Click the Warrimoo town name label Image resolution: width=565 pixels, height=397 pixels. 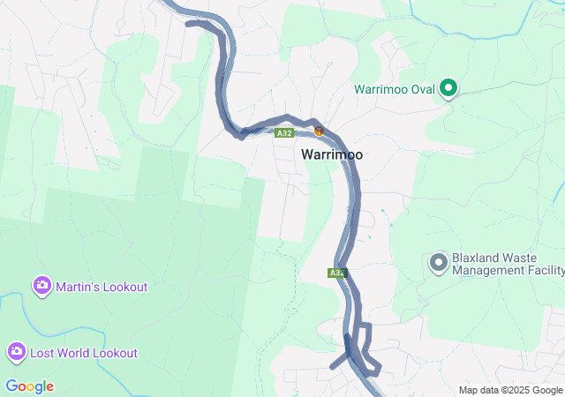[x=332, y=154]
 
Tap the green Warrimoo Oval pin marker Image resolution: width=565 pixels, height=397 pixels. [x=448, y=87]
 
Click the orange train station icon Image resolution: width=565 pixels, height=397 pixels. [x=320, y=131]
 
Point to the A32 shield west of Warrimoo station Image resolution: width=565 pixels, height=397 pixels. [x=283, y=133]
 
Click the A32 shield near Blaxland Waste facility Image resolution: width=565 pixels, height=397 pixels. [x=336, y=273]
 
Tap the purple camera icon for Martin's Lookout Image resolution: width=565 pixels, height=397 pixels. [x=41, y=286]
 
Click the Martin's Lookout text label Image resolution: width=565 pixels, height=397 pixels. [x=102, y=287]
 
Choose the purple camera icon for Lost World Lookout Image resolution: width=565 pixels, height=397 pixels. [x=16, y=353]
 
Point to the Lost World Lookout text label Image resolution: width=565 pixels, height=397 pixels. [x=84, y=353]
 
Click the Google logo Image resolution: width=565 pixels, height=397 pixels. [x=29, y=386]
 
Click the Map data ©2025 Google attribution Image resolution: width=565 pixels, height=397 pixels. [x=510, y=390]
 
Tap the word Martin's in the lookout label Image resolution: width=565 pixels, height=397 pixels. [x=77, y=287]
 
